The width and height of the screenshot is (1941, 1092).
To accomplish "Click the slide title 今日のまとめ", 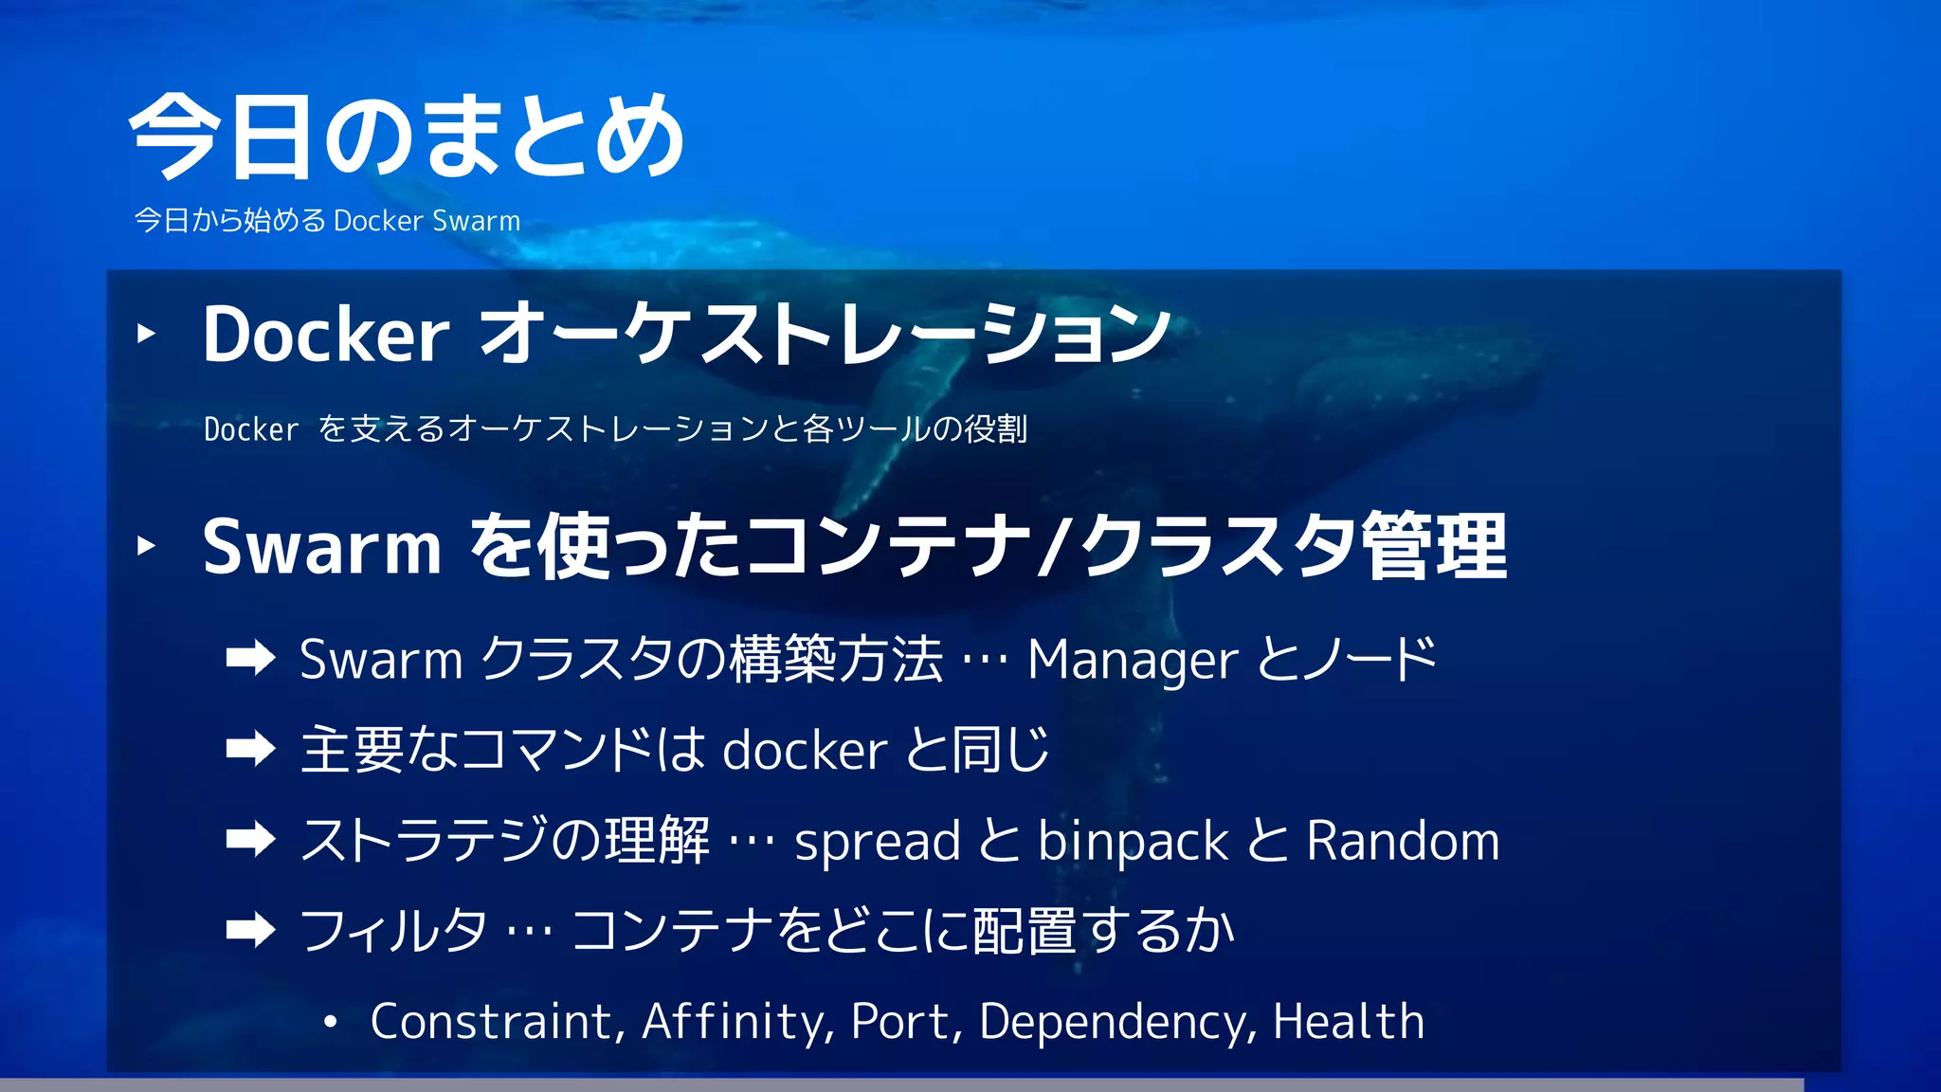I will click(x=406, y=136).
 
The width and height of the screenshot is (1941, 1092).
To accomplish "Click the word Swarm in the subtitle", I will click(x=476, y=221).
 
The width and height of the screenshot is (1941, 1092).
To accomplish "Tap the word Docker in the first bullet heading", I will click(x=326, y=336).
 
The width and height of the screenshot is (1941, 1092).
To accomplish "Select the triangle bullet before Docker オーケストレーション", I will click(x=146, y=333).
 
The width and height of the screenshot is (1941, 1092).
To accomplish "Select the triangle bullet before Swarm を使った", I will click(x=146, y=545).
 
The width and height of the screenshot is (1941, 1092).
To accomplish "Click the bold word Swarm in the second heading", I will click(x=322, y=548).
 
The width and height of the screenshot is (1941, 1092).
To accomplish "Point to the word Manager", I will click(x=1133, y=660).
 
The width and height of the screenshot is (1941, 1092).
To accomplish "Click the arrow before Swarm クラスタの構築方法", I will click(x=250, y=658).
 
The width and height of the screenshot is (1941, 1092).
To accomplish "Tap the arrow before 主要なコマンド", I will click(x=250, y=749).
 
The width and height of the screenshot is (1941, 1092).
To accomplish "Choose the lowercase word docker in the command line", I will click(x=805, y=751).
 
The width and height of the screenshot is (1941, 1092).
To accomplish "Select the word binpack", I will click(x=1134, y=842).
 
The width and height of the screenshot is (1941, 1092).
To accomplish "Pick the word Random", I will click(x=1403, y=840).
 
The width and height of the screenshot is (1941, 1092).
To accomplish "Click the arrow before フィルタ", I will click(x=250, y=930).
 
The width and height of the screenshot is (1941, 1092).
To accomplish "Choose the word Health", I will click(x=1348, y=1022).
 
